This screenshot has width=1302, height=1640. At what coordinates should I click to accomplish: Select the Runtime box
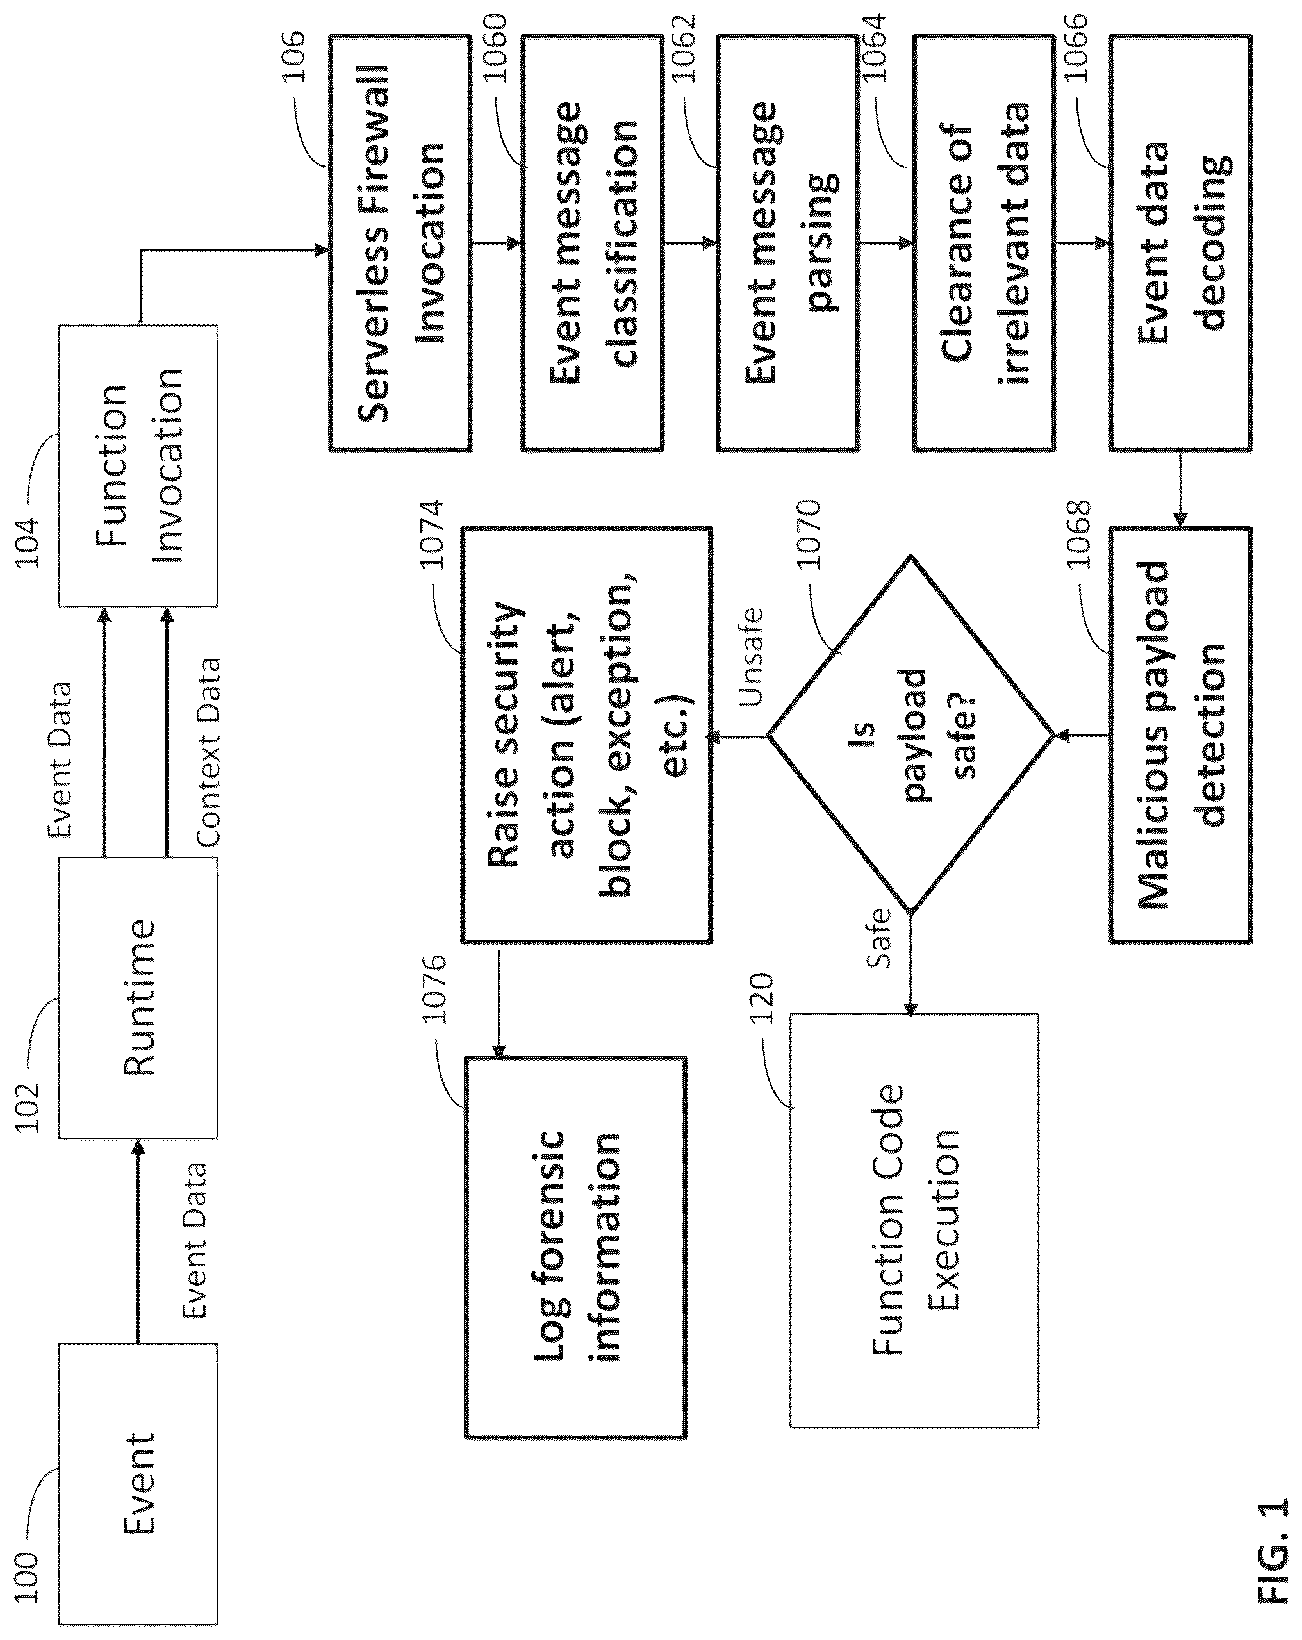coord(138,997)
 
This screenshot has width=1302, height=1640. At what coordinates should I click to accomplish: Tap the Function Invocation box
coord(138,465)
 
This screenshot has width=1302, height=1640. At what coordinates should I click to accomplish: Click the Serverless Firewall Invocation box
coord(400,244)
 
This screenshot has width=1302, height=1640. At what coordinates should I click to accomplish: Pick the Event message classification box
coord(593,244)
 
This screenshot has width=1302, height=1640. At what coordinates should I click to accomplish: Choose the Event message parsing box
coord(788,244)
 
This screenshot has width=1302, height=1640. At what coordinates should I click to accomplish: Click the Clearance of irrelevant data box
coord(984,244)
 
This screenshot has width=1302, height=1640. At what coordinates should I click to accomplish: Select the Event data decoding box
coord(1180,244)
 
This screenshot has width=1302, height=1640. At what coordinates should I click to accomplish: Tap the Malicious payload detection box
coord(1180,735)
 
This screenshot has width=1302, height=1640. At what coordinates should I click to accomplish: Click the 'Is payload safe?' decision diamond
coord(911,735)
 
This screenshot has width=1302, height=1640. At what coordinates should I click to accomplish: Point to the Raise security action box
coord(586,735)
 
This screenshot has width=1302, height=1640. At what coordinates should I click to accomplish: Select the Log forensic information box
coord(575,1248)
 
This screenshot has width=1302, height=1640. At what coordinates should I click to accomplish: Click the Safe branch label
coord(878,938)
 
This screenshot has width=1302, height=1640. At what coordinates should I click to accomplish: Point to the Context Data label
coord(208,752)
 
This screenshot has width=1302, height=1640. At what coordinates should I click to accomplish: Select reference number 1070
coord(809,534)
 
